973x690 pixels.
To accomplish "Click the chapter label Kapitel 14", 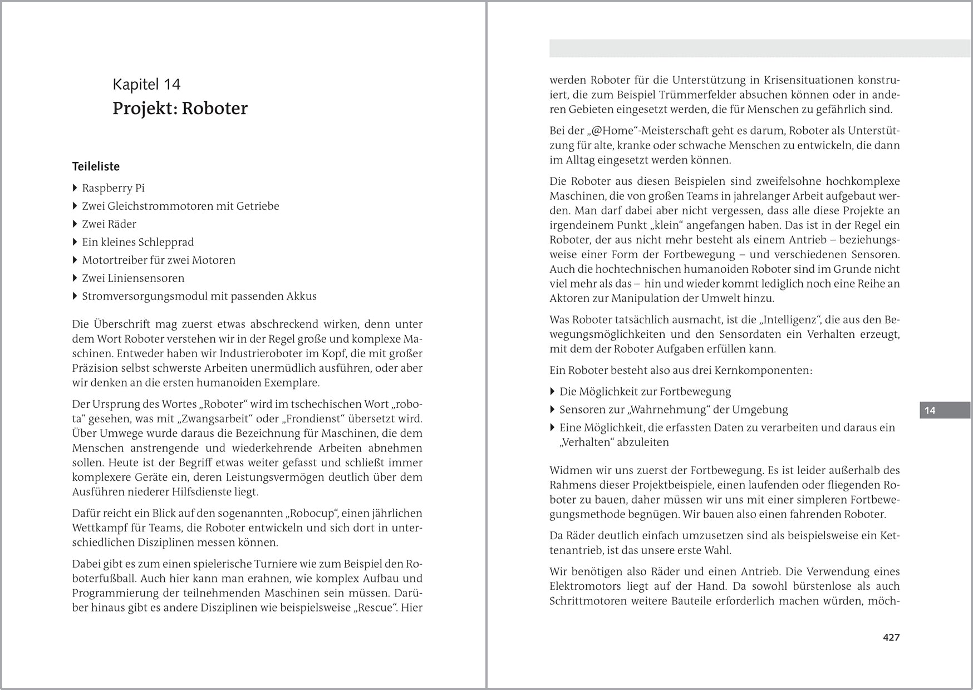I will (146, 85).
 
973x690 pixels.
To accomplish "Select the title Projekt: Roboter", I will (180, 108).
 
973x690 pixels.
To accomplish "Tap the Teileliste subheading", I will (96, 166).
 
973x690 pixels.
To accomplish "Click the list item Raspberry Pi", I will (113, 188).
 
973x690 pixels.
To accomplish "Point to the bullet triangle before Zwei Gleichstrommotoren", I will (75, 206).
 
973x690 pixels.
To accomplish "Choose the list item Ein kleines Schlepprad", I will (137, 242).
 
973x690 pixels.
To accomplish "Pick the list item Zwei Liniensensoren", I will (133, 278).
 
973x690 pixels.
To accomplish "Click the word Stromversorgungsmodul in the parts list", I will (143, 296).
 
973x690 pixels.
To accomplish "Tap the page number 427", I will (891, 638).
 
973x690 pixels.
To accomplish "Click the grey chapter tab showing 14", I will (944, 411).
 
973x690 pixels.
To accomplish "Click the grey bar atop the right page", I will (759, 48).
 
